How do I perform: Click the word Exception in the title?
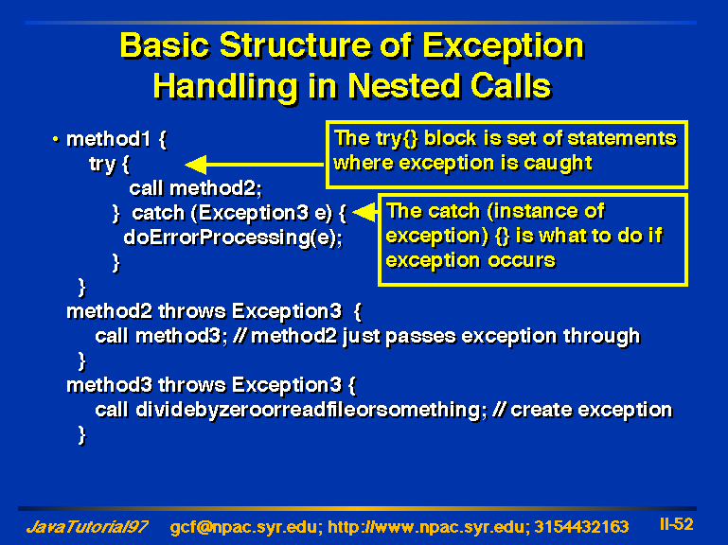tap(504, 46)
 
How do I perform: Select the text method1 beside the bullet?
tap(109, 139)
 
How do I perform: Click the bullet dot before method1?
tap(56, 138)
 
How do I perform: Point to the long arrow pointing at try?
tap(255, 165)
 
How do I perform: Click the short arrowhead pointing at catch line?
tap(365, 212)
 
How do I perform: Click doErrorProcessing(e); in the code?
tap(233, 237)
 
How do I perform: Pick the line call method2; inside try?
tap(195, 188)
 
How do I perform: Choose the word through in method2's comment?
tap(601, 337)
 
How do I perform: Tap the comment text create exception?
tap(591, 411)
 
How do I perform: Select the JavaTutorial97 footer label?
tap(87, 527)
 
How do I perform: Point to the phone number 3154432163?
tap(581, 527)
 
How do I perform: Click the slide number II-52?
tap(677, 524)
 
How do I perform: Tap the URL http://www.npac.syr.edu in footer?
tap(428, 527)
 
